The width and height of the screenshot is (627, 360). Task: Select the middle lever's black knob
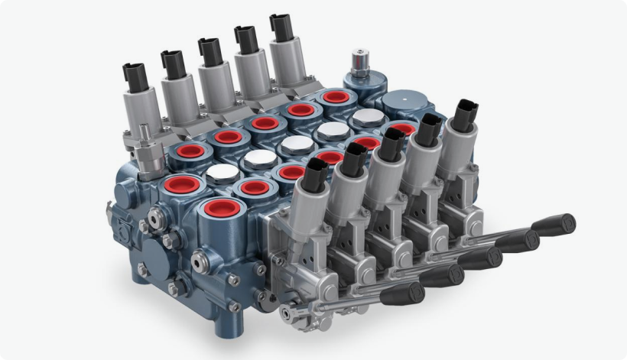(480, 258)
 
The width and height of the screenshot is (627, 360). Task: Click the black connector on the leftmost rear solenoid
(135, 75)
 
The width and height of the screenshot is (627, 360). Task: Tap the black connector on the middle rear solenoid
(209, 50)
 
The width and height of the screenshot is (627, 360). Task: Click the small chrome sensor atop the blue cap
(357, 61)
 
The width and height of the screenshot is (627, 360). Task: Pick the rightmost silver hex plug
(365, 117)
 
